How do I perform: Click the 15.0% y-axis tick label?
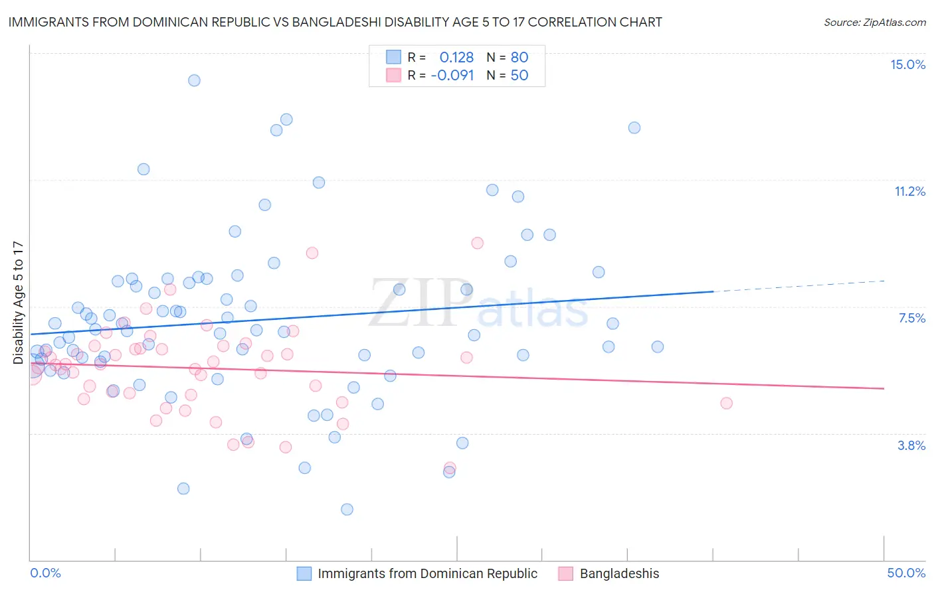907,64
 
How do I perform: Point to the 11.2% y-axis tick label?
909,191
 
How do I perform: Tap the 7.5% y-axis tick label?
911,318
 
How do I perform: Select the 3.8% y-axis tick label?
911,445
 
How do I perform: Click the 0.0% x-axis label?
45,573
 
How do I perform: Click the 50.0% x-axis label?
906,573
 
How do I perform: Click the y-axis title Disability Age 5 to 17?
18,302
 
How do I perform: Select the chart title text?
335,22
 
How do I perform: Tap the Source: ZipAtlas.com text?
874,22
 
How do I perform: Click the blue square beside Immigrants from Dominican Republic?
304,573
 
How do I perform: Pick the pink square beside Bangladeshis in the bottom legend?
566,573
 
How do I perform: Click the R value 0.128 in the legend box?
456,57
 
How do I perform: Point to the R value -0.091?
452,75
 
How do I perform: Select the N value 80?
519,57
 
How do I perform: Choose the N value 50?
519,75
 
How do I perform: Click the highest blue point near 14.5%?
194,80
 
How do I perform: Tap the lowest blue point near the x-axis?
347,509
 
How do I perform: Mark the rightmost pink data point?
726,403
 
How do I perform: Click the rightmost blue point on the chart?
658,346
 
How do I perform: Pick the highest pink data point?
477,243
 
